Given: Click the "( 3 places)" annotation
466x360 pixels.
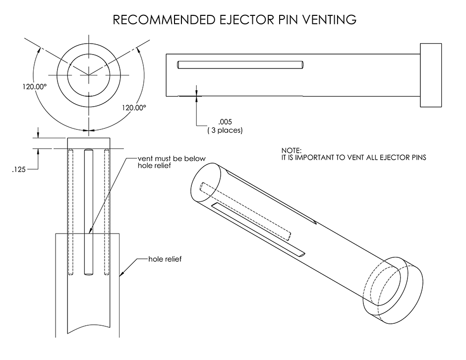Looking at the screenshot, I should click(x=225, y=130).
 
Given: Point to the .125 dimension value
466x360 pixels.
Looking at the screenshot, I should click(x=18, y=169).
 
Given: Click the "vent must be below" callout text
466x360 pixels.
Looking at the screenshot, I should click(x=172, y=159).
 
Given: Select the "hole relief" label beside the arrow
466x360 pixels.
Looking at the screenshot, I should click(x=165, y=259).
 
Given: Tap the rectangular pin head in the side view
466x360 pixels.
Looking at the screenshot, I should click(x=431, y=75).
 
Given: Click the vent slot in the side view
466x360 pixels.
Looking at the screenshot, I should click(x=240, y=64).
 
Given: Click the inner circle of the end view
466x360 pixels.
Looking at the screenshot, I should click(x=89, y=74).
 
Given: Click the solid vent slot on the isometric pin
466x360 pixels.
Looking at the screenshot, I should click(x=258, y=229).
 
